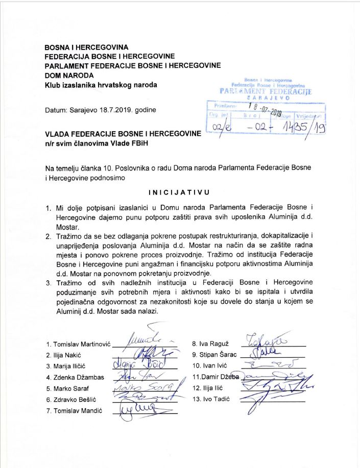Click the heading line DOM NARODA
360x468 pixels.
click(66, 75)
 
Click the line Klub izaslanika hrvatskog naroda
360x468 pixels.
click(101, 84)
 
